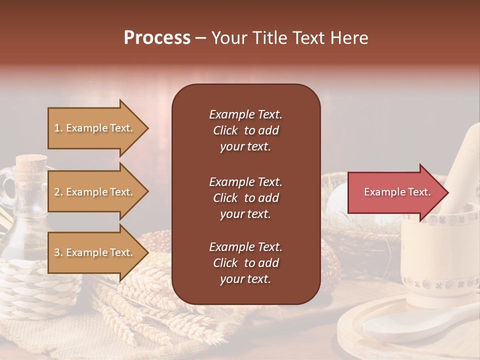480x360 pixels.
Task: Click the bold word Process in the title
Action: pyautogui.click(x=157, y=38)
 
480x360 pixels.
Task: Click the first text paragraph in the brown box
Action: pyautogui.click(x=245, y=130)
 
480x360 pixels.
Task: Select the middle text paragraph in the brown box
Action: pyautogui.click(x=245, y=198)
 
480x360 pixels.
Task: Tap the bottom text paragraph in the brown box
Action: pyautogui.click(x=245, y=263)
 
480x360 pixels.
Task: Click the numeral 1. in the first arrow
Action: pyautogui.click(x=58, y=128)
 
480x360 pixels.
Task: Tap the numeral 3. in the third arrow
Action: pyautogui.click(x=58, y=252)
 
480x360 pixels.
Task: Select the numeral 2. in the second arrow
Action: pyautogui.click(x=58, y=192)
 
